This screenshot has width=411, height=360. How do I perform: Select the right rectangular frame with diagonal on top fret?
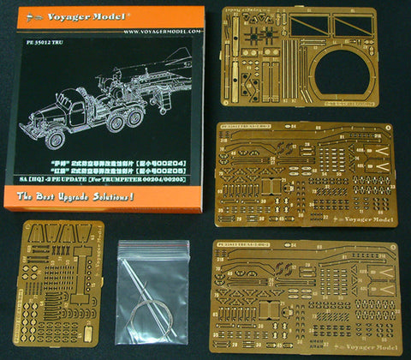point(366,27)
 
